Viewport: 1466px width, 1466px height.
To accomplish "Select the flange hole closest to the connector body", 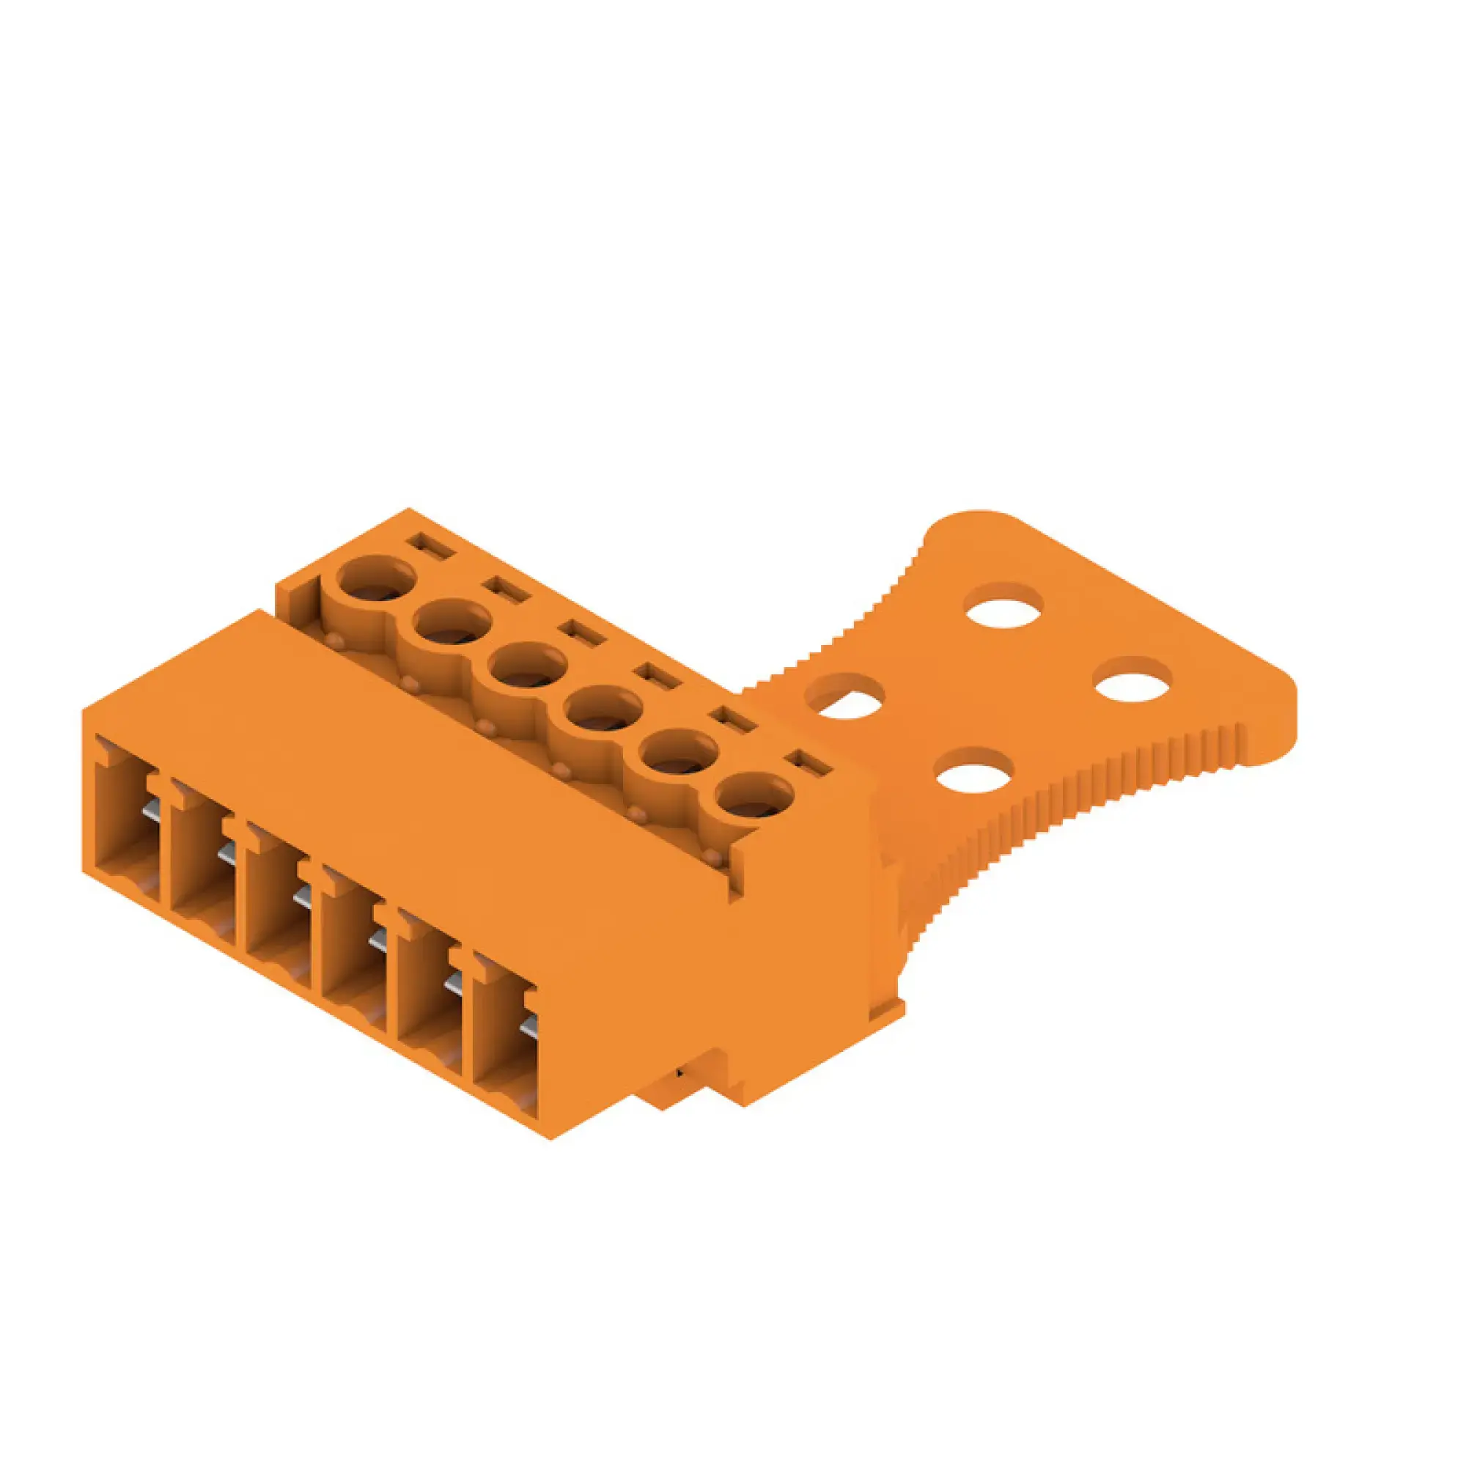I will tap(844, 696).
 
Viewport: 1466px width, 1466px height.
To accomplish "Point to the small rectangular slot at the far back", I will tap(430, 545).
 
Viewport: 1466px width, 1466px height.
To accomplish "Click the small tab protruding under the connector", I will tap(679, 1076).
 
